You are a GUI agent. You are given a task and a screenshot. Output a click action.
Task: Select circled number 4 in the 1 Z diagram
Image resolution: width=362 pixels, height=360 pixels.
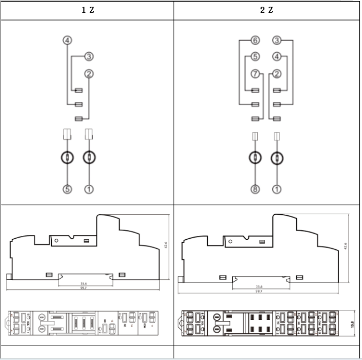pos(67,41)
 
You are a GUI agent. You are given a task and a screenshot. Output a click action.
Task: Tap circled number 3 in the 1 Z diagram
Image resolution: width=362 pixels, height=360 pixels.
pos(89,57)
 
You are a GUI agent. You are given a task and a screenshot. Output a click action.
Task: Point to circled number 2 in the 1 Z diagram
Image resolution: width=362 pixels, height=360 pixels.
pos(89,73)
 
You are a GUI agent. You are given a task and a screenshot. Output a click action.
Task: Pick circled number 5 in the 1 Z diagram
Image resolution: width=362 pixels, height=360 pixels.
pos(67,189)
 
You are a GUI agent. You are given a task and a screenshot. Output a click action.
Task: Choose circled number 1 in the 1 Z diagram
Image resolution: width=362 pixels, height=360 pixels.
pos(89,189)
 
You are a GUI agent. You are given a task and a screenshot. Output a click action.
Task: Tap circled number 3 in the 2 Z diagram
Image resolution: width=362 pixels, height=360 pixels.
pos(277,41)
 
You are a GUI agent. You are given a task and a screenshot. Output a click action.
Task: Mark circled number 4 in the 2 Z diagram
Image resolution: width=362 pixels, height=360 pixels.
pos(277,57)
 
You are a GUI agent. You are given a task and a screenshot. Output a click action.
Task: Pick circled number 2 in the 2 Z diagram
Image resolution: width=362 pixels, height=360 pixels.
pos(277,73)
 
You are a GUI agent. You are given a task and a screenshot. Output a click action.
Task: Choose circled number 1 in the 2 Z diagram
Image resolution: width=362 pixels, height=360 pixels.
pos(277,189)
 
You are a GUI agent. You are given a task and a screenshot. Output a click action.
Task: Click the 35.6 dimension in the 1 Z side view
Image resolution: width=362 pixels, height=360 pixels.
pos(84,283)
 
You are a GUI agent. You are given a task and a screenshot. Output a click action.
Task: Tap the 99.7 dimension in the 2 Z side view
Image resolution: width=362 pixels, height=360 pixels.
pos(258,291)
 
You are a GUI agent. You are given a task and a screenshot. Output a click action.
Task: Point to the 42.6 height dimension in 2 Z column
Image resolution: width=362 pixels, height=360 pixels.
pos(345,245)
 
